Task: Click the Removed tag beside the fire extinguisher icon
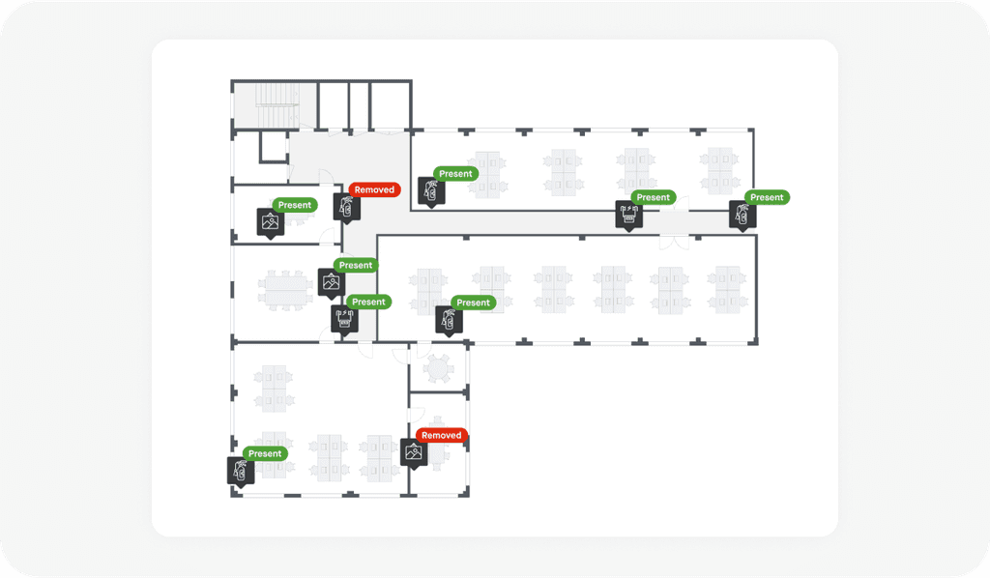tap(374, 189)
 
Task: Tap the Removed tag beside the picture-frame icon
tap(442, 435)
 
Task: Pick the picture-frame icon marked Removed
tap(414, 451)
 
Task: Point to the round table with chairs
tap(438, 367)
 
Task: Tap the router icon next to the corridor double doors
tap(629, 214)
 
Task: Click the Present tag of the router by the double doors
tap(653, 197)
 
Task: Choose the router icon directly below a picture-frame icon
tap(344, 318)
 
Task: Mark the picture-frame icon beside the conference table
tap(332, 282)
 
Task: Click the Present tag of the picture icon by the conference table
tap(355, 265)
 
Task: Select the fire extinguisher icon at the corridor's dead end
tap(743, 214)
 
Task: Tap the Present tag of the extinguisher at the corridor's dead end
tap(767, 197)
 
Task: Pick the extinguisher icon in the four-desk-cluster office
tap(431, 190)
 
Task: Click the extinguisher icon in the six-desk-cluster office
tap(449, 319)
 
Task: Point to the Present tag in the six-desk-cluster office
tap(473, 303)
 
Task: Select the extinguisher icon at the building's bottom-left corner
tap(241, 471)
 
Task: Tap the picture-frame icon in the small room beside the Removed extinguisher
tap(271, 221)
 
